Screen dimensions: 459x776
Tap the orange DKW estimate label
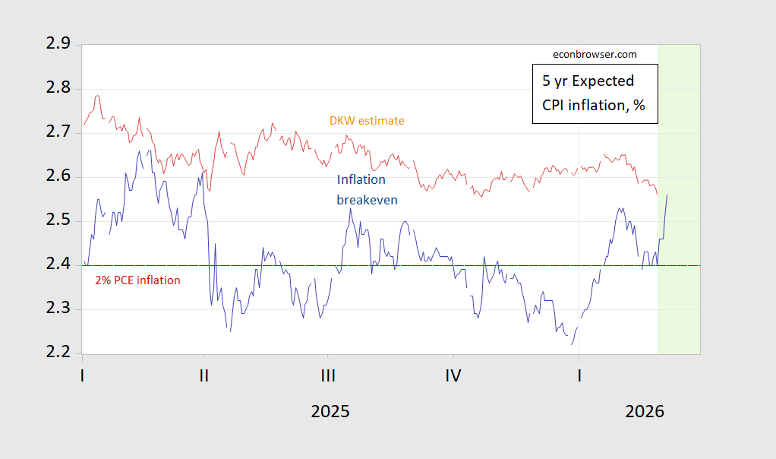(x=367, y=120)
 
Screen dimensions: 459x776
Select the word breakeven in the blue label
(x=367, y=200)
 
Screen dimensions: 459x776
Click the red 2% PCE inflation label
(x=137, y=280)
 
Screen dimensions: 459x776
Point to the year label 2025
(x=330, y=412)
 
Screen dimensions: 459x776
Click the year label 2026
(x=645, y=412)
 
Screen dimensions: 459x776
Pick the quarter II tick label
(x=203, y=375)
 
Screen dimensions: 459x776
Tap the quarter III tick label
(x=328, y=375)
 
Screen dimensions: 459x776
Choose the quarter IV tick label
(x=453, y=375)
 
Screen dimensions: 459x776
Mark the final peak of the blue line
(x=667, y=195)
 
